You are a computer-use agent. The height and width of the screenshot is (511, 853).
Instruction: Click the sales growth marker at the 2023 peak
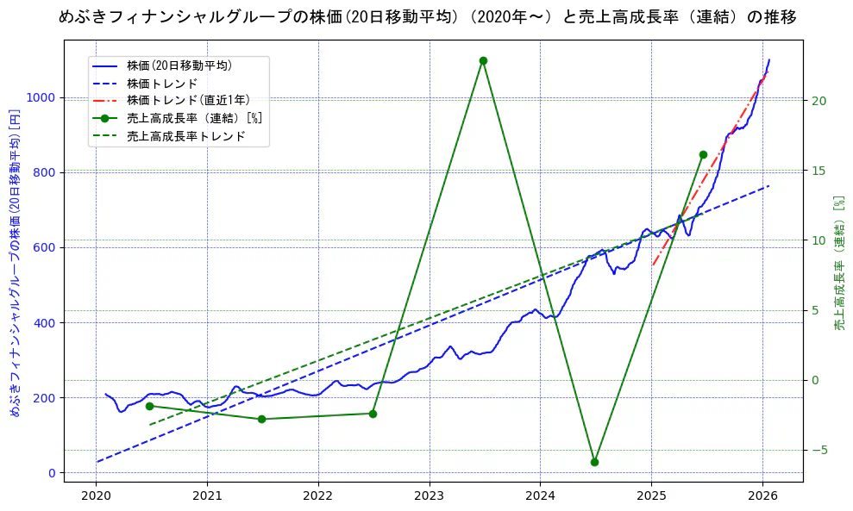483,60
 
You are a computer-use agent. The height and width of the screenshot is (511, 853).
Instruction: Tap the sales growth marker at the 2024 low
594,462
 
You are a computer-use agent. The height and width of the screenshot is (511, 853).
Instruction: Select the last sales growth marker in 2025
703,154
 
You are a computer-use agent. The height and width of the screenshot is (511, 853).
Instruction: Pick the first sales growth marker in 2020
149,406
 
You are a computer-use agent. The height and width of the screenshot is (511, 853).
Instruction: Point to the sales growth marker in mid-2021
261,419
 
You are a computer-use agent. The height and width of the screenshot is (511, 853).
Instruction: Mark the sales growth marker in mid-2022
373,414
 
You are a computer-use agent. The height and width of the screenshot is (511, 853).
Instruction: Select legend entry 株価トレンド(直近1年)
185,100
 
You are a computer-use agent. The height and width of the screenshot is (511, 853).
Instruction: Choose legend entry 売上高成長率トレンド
185,136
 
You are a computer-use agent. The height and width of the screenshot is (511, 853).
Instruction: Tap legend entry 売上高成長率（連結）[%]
194,118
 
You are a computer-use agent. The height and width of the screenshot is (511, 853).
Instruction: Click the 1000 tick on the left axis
41,98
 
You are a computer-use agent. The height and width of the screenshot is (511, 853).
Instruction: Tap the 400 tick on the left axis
44,323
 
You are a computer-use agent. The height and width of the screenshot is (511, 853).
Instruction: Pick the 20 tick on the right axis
819,101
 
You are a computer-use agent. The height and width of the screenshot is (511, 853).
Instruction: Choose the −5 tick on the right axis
819,450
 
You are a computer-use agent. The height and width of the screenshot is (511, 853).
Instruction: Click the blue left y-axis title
14,263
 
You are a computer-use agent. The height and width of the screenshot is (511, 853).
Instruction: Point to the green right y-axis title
839,263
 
